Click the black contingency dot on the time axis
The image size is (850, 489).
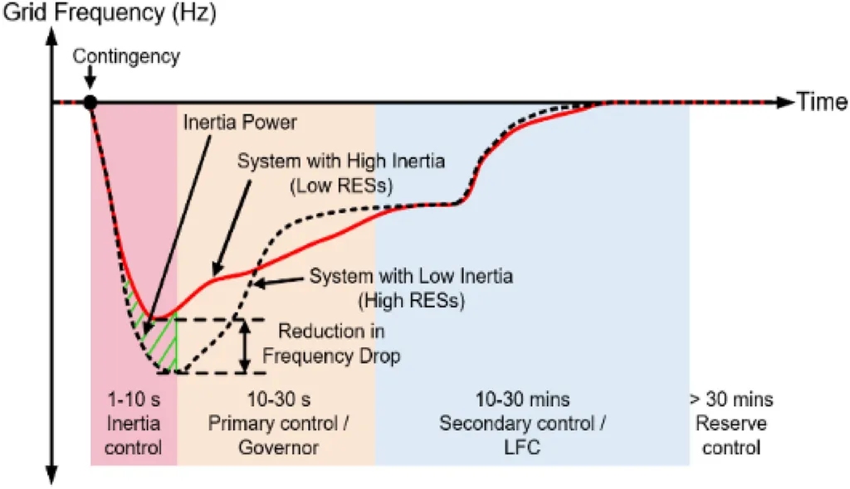point(90,102)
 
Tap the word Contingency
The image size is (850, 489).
point(126,56)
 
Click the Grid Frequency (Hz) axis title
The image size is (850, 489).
point(110,12)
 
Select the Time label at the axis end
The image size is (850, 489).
point(821,102)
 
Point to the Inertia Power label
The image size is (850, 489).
point(240,123)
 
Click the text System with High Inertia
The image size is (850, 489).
point(341,161)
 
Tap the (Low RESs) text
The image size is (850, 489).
point(341,186)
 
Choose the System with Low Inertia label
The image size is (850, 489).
point(411,276)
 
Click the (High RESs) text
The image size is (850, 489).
point(412,300)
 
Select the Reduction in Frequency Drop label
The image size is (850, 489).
point(331,343)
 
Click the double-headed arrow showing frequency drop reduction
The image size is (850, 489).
point(245,346)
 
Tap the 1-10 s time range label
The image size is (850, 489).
point(134,399)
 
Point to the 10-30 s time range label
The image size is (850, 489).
point(279,399)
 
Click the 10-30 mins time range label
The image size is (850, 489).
point(523,399)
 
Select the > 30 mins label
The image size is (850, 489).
point(731,399)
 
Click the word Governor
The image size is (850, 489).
point(279,448)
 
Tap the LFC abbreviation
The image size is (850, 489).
point(523,448)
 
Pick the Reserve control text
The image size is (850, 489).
point(731,435)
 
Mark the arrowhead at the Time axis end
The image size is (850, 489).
point(785,102)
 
